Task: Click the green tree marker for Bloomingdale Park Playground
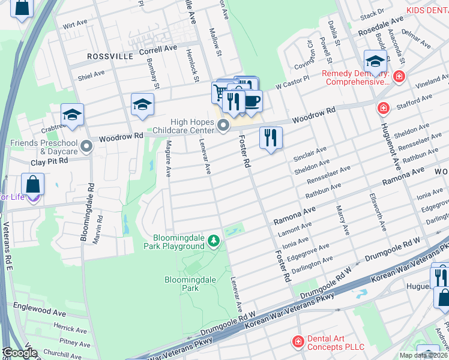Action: tap(213, 241)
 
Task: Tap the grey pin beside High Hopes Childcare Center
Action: tap(223, 125)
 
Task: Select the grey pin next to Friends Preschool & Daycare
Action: tap(87, 146)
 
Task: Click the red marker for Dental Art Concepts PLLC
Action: tap(298, 342)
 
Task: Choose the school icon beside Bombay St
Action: tap(142, 104)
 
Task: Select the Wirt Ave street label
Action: tap(75, 26)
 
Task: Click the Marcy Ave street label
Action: tap(343, 220)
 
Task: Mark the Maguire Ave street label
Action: tap(169, 159)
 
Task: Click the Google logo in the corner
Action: tap(20, 353)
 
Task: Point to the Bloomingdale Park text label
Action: tap(182, 284)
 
